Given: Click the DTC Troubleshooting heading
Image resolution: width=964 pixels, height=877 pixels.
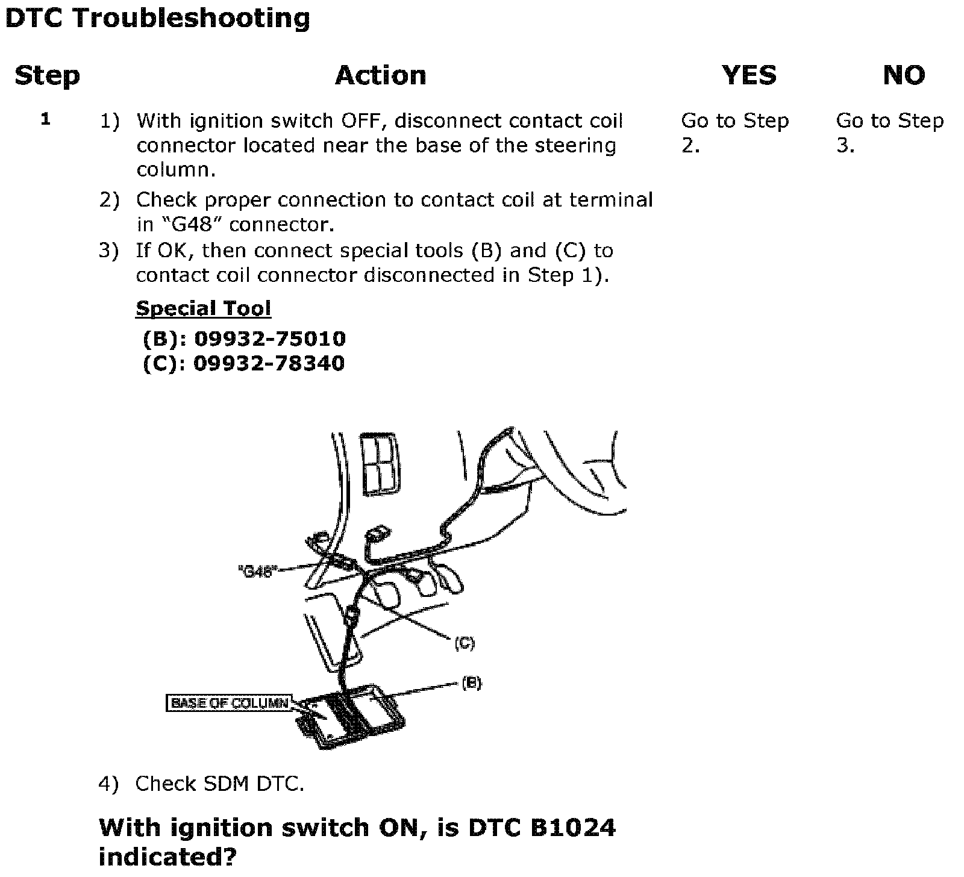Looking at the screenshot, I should point(157,18).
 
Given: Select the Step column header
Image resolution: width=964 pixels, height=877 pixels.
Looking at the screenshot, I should point(47,76).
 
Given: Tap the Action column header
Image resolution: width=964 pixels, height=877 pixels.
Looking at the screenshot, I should point(380,76).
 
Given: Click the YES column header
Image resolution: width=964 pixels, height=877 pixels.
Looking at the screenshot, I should point(749,76).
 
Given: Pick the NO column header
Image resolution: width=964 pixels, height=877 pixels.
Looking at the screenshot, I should point(904,76).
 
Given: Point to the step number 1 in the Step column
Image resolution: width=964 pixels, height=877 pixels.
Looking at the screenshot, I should point(46,119).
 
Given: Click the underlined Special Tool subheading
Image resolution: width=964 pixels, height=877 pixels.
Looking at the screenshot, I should point(203,308).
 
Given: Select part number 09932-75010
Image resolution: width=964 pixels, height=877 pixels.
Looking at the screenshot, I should point(269,339).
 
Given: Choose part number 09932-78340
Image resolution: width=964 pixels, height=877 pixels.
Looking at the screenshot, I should point(269,364).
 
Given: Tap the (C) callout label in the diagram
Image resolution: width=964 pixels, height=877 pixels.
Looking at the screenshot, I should point(464,643).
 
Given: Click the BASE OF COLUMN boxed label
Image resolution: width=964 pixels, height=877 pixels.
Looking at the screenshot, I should point(230,703).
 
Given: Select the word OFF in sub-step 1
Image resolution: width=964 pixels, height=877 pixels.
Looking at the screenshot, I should point(361,121).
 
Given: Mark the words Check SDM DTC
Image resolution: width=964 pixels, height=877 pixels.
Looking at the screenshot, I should point(219,784).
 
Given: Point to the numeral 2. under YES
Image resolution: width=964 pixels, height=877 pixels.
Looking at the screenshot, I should point(690,146).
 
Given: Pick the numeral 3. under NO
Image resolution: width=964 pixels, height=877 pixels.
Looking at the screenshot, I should point(845,146).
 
